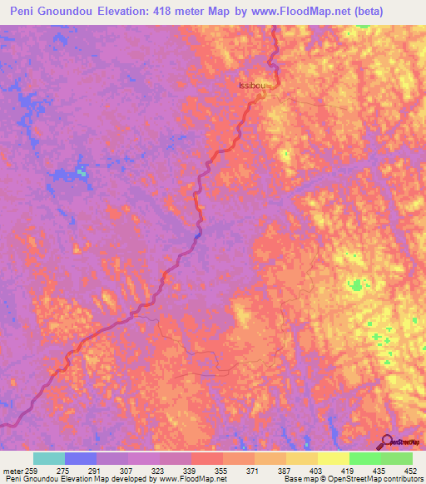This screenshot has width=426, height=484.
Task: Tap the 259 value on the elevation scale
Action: pos(31,470)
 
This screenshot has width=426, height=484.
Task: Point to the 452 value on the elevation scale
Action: pos(410,470)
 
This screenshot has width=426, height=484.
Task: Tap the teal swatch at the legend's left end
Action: pos(49,458)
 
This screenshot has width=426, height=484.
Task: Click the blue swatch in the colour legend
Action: pos(81,458)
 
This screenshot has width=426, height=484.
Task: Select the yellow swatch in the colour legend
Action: pos(334,458)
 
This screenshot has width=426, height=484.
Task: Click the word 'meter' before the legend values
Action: pos(11,470)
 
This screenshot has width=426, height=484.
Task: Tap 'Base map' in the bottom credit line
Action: pos(296,479)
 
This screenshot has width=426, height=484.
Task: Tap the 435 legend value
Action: pos(379,470)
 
